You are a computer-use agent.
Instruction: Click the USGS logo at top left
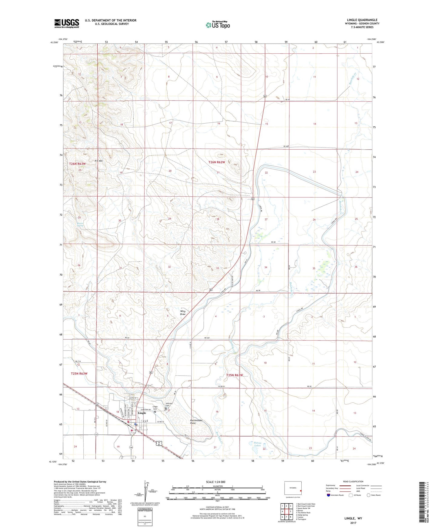point(67,23)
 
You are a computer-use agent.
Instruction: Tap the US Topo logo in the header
point(218,25)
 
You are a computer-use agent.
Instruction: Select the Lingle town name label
point(142,413)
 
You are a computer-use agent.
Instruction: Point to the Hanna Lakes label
point(257,444)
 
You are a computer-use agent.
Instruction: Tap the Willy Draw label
point(183,313)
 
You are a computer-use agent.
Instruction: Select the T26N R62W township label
point(217,162)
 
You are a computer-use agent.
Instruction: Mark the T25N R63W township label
point(79,374)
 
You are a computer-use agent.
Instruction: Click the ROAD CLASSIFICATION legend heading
point(353,481)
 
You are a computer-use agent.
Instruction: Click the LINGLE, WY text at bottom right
point(353,518)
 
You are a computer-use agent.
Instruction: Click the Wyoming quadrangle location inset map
point(293,488)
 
